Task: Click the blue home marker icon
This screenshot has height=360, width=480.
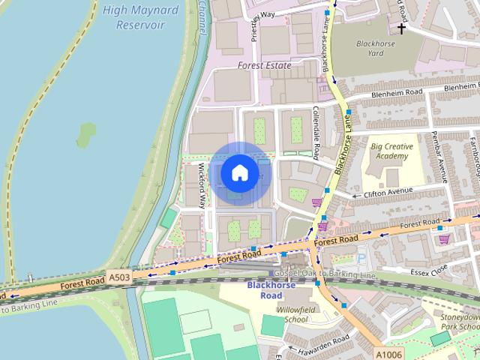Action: click(239, 172)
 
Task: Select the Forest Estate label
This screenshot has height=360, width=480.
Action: click(264, 65)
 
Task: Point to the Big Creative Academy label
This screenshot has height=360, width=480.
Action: click(390, 151)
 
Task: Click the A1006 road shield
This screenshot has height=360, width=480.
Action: click(388, 354)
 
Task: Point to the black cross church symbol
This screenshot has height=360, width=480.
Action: click(402, 28)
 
